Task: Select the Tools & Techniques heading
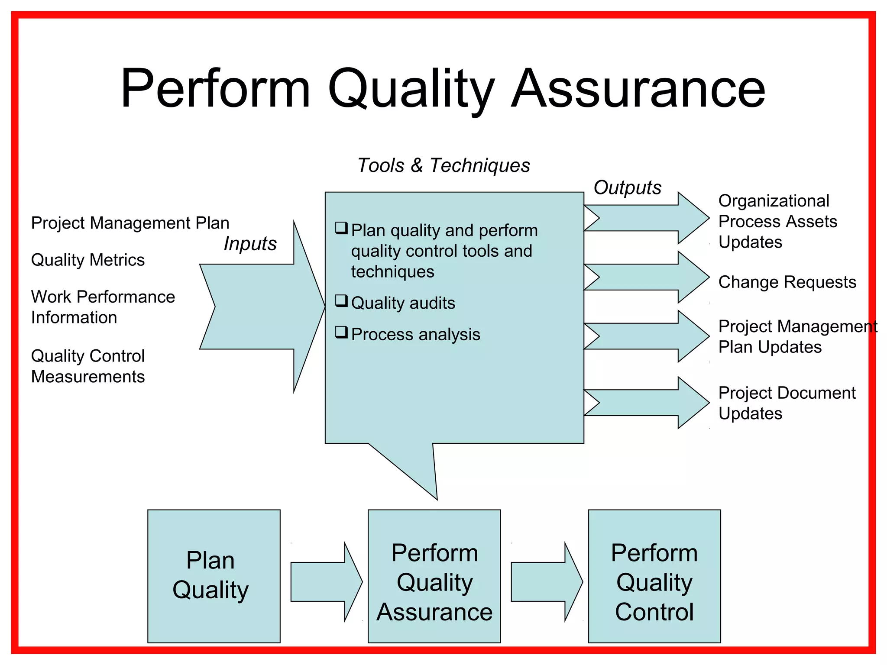(443, 165)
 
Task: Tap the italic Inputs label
(250, 243)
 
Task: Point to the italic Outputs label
(627, 187)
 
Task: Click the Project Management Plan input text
(130, 223)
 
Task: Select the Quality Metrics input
(88, 260)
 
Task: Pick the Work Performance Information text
(103, 307)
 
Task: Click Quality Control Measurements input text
(88, 366)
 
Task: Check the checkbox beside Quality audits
(341, 300)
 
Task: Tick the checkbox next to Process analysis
(341, 332)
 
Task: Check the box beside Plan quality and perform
(341, 228)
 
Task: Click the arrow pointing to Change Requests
(650, 277)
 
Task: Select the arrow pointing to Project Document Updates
(650, 403)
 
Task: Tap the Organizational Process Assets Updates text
(777, 221)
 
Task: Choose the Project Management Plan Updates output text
(797, 336)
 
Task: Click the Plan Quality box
(214, 576)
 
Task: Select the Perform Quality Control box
(654, 576)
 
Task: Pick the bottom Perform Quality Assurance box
(434, 576)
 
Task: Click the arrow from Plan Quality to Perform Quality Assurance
(325, 581)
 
